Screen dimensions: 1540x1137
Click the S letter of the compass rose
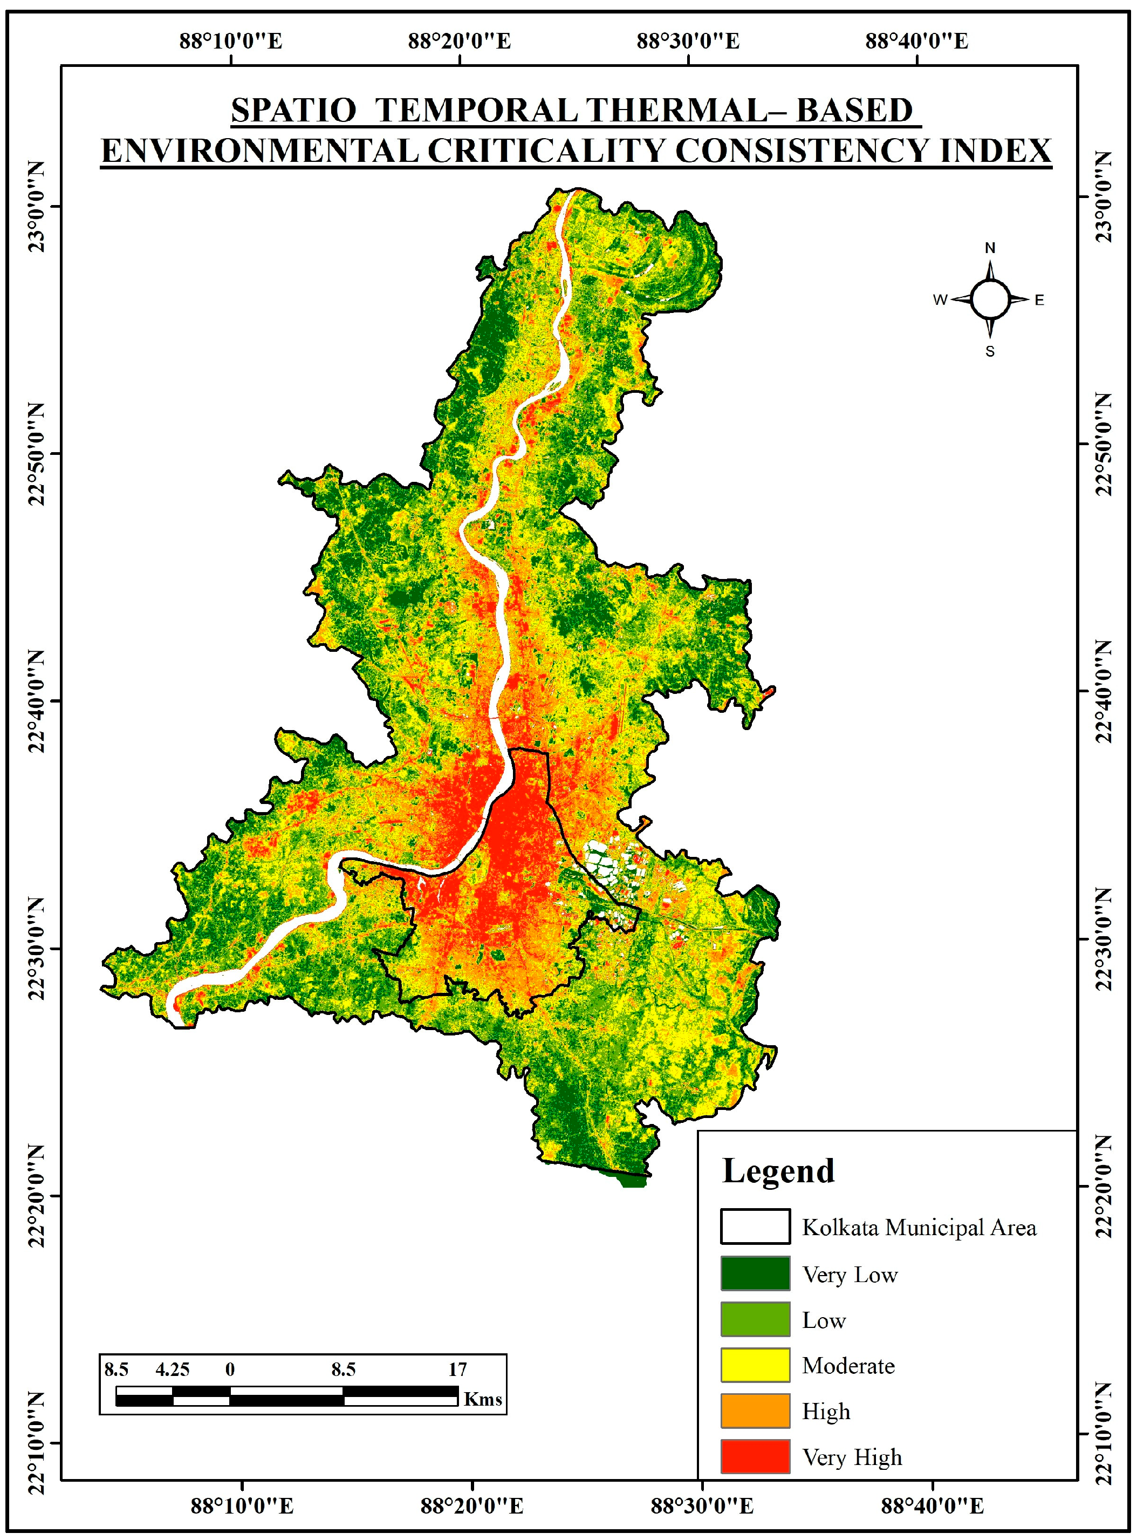tap(990, 352)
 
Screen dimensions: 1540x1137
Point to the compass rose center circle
tap(990, 299)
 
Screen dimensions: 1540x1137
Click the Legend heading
tap(778, 1171)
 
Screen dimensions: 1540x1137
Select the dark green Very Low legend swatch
tap(755, 1273)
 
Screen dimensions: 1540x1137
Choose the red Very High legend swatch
tap(755, 1457)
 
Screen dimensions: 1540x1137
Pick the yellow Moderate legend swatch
tap(755, 1365)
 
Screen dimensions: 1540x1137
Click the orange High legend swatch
tap(755, 1411)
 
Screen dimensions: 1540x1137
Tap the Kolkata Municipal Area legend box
tap(755, 1227)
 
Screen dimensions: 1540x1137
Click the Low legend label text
tap(823, 1320)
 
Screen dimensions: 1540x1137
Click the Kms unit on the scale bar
tap(483, 1399)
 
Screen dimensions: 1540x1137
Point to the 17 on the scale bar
tap(458, 1369)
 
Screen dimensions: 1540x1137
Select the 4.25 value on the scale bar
tap(172, 1369)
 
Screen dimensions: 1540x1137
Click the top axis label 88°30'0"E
tap(688, 42)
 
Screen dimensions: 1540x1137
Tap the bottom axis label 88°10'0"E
tap(242, 1506)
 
